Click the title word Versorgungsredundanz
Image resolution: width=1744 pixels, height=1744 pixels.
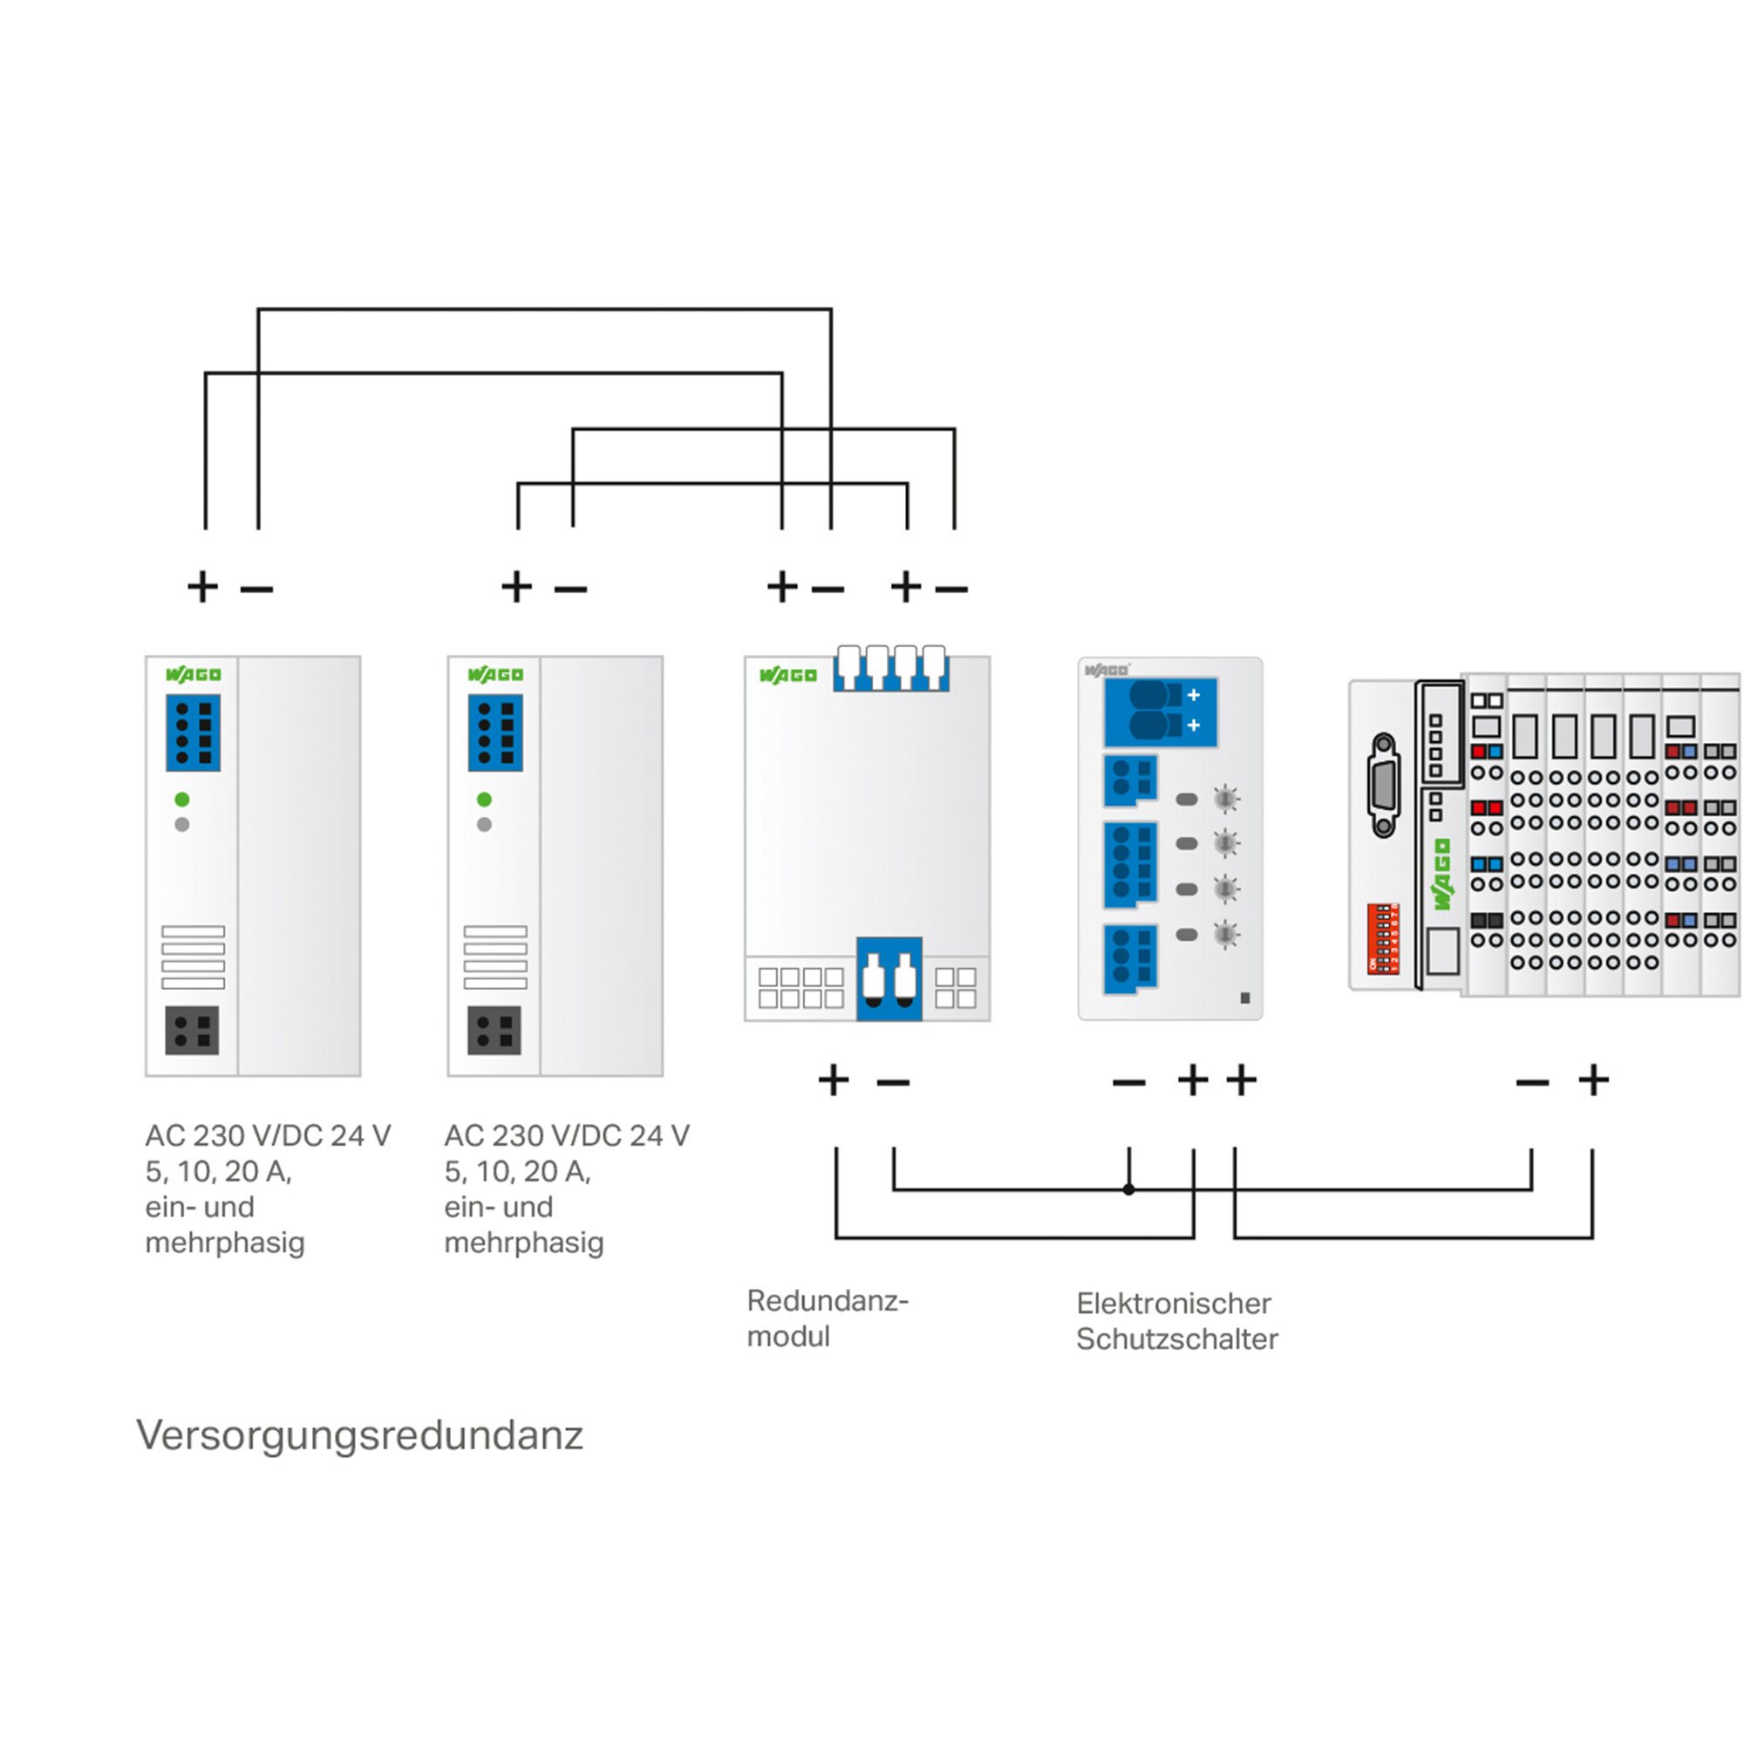click(x=359, y=1436)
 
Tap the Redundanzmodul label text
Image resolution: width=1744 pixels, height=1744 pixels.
click(x=827, y=1318)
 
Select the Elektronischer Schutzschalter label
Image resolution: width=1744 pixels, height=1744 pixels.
click(x=1176, y=1320)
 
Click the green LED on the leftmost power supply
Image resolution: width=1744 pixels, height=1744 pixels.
click(x=182, y=799)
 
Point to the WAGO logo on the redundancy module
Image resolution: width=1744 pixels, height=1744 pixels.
click(x=788, y=675)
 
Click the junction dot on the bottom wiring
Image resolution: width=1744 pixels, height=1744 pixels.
click(x=1128, y=1189)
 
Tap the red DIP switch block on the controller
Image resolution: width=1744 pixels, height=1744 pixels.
click(x=1383, y=938)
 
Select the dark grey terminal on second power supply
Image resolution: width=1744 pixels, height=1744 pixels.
click(x=494, y=1030)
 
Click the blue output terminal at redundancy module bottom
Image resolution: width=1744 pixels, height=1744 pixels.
click(x=889, y=979)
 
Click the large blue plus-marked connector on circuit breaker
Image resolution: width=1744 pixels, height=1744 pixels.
click(x=1161, y=712)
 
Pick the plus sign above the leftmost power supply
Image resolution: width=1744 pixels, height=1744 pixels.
click(x=203, y=587)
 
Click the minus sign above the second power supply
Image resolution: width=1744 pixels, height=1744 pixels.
click(x=570, y=589)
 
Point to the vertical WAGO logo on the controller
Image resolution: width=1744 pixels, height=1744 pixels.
click(x=1441, y=874)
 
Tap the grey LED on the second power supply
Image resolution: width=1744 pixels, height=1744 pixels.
click(x=485, y=824)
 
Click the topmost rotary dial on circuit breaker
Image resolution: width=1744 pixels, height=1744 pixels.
click(x=1225, y=799)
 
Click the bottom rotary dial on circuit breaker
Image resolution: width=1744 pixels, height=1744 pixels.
click(x=1225, y=934)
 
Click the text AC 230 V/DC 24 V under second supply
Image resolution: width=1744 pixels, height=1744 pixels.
click(x=567, y=1134)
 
